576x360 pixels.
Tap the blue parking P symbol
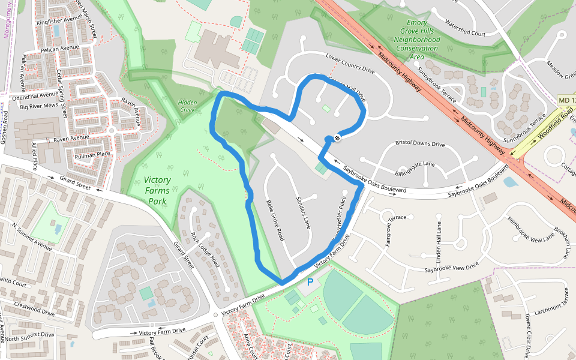(x=310, y=281)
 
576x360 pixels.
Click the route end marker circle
(x=337, y=138)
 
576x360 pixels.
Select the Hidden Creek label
(x=187, y=106)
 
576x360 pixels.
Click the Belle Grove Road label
(x=275, y=220)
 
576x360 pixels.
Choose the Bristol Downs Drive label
(x=420, y=144)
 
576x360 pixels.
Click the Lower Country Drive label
(x=350, y=64)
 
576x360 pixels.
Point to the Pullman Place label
(x=92, y=155)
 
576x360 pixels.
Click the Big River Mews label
(x=38, y=106)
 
